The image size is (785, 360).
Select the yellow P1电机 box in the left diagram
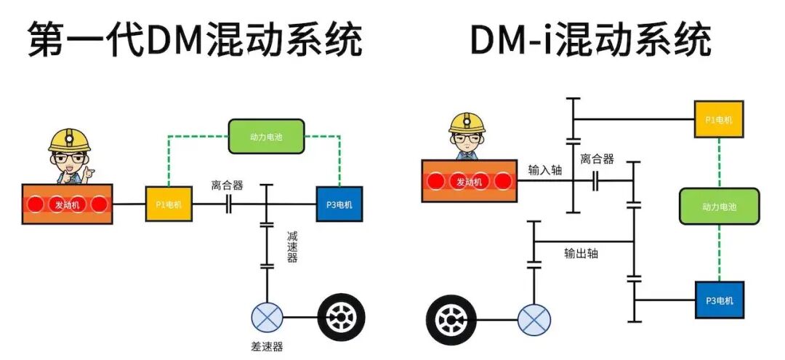coord(169,204)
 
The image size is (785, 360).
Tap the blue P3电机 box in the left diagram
coord(339,204)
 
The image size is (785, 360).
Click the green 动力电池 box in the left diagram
coord(267,136)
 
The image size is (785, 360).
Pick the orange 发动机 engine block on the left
coord(68,204)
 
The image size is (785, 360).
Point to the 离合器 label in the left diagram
coord(227,185)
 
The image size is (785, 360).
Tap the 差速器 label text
coord(267,346)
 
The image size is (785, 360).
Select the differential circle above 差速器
coord(267,317)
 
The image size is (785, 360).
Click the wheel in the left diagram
coord(341,317)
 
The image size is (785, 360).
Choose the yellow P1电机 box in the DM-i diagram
coord(718,119)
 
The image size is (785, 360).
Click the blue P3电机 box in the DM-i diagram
coord(719,300)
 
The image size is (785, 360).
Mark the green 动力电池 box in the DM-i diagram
coord(719,206)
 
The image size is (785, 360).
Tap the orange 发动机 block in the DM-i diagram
coord(470,181)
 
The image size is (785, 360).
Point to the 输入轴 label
coord(545,169)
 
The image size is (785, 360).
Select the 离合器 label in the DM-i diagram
coord(597,159)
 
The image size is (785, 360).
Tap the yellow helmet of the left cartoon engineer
coord(69,140)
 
